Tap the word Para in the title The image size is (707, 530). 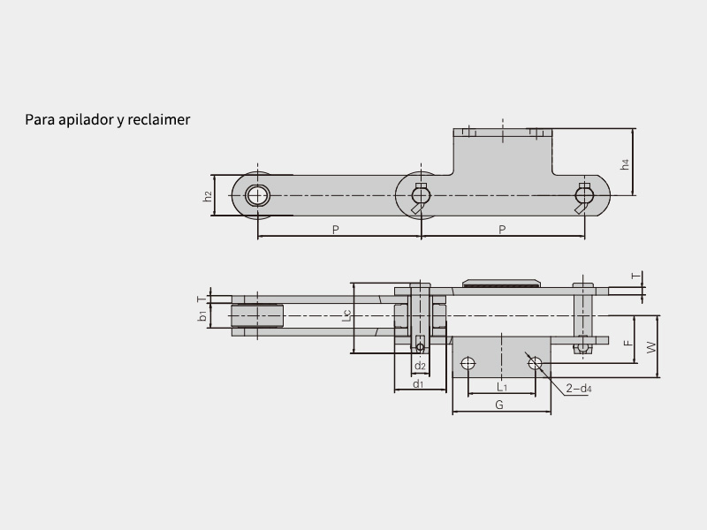(39, 119)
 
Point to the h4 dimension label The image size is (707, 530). (625, 164)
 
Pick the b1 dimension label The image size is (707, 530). (203, 314)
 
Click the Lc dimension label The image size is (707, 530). (347, 316)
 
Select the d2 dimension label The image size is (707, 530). (420, 366)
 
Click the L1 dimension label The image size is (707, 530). (501, 387)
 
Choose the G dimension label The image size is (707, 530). (499, 405)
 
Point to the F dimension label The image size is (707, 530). (627, 342)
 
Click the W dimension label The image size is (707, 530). (651, 347)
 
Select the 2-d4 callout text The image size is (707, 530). (579, 388)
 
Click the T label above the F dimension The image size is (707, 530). (635, 276)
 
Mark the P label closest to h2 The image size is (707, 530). (336, 230)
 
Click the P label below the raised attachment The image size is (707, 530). (502, 230)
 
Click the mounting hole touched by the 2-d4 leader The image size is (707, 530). (534, 361)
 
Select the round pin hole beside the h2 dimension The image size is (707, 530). (257, 195)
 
